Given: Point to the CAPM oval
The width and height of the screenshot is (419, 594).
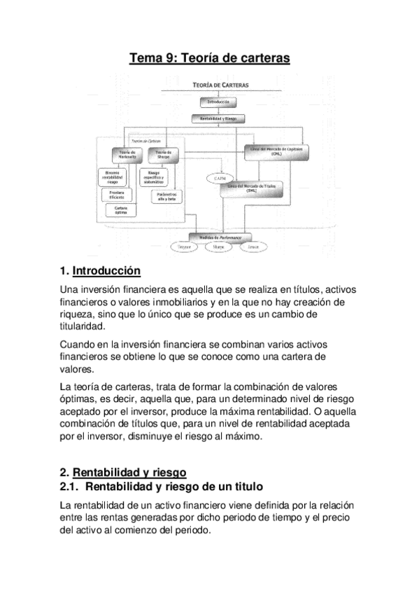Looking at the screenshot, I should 217,179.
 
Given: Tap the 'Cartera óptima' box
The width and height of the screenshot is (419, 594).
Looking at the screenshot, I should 120,209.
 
